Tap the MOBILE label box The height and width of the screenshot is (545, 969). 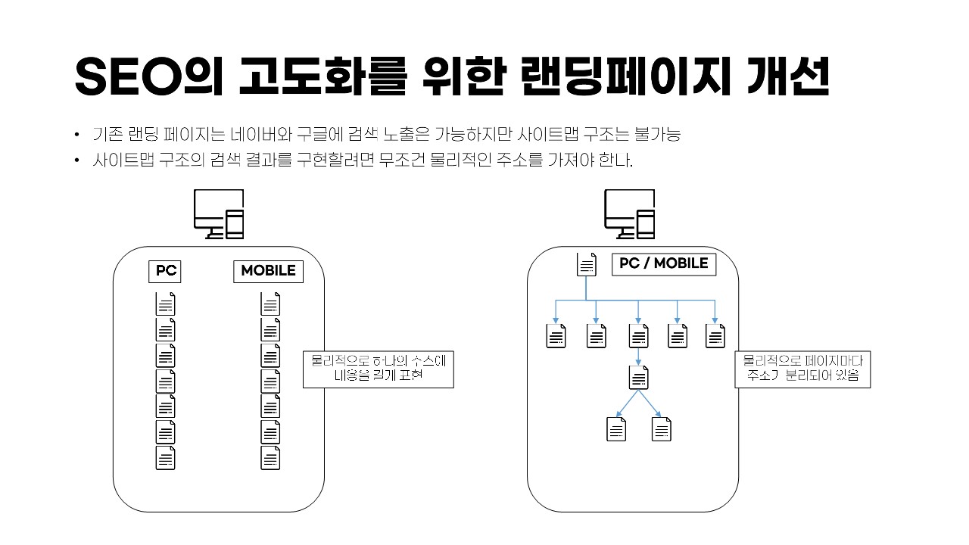268,271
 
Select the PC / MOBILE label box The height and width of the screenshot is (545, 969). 664,263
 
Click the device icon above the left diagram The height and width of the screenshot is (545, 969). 219,214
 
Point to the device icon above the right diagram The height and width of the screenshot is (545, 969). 629,214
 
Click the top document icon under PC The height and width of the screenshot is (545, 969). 165,304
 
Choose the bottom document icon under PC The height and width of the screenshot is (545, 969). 165,458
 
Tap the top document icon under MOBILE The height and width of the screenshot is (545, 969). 270,304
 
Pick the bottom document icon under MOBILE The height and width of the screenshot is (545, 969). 270,458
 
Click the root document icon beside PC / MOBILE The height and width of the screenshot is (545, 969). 587,264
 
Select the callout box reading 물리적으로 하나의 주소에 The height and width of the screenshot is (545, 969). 378,369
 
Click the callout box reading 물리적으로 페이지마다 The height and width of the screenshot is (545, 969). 802,369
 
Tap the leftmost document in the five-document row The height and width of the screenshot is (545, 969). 556,336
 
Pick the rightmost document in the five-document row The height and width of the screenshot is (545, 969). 715,336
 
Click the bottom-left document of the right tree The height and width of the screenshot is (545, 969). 617,429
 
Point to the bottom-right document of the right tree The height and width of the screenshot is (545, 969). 662,429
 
